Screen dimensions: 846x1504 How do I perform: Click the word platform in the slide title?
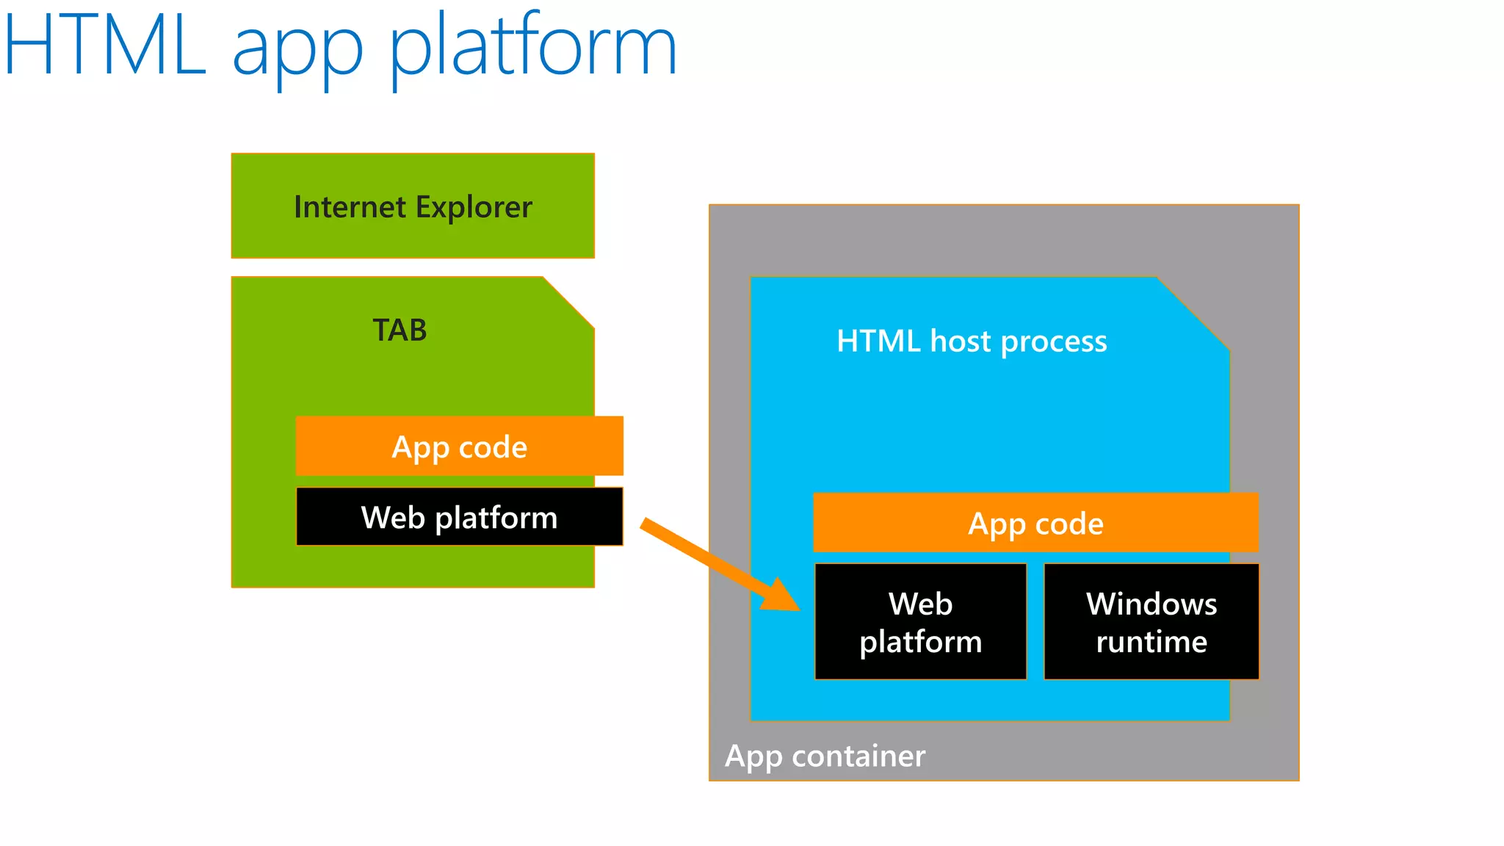532,48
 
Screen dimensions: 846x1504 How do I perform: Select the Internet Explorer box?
413,206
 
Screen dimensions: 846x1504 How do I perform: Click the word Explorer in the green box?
473,208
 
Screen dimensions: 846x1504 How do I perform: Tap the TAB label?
399,330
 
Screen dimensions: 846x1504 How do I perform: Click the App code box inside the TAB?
459,446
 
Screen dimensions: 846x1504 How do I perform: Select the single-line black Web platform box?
459,517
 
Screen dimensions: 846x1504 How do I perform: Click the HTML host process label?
971,341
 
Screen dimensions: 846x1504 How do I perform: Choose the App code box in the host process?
1035,523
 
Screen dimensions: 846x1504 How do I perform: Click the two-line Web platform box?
920,622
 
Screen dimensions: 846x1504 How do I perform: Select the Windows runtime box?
1151,622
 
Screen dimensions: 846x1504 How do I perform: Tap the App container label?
825,756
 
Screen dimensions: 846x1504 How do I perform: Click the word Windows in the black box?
1151,604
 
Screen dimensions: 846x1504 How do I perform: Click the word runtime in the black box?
1151,642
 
